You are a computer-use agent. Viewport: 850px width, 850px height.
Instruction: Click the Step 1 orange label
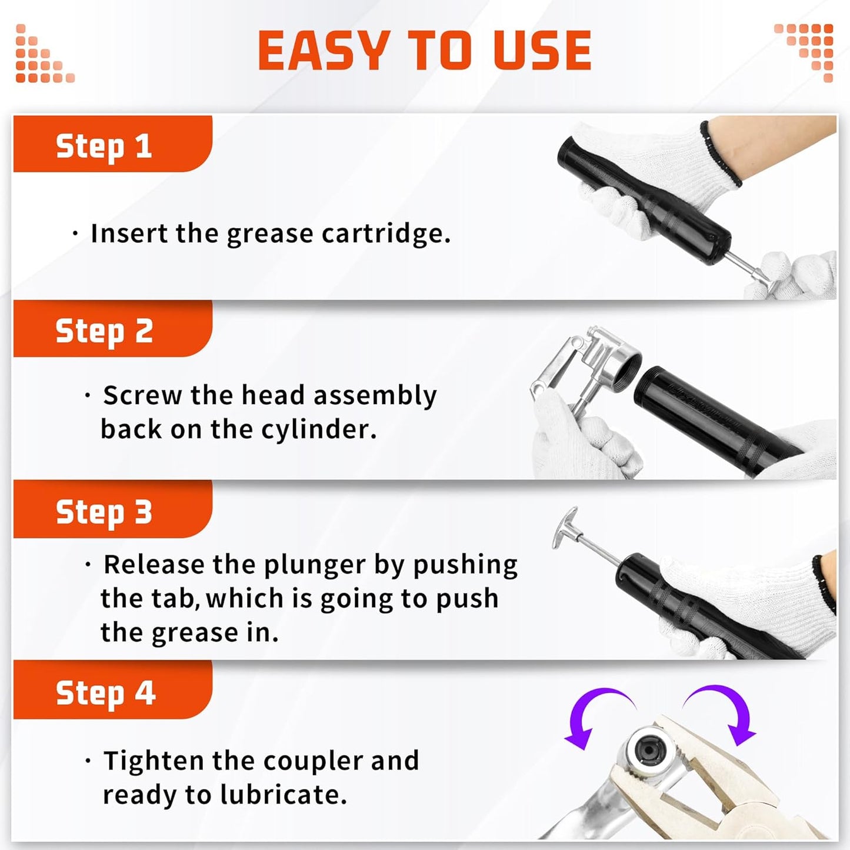(104, 146)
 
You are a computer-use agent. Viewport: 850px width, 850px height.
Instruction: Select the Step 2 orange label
(104, 331)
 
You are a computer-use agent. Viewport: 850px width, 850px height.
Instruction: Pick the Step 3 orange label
(104, 512)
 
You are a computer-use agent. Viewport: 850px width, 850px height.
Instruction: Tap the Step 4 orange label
(105, 693)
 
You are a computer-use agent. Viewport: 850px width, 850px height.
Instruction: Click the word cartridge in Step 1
(386, 234)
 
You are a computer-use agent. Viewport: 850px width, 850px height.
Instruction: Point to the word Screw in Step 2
(142, 395)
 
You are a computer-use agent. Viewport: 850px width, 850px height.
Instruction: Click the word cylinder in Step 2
(318, 430)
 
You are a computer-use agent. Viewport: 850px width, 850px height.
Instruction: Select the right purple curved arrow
(727, 712)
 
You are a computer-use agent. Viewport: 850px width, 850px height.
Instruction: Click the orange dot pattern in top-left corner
(41, 56)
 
